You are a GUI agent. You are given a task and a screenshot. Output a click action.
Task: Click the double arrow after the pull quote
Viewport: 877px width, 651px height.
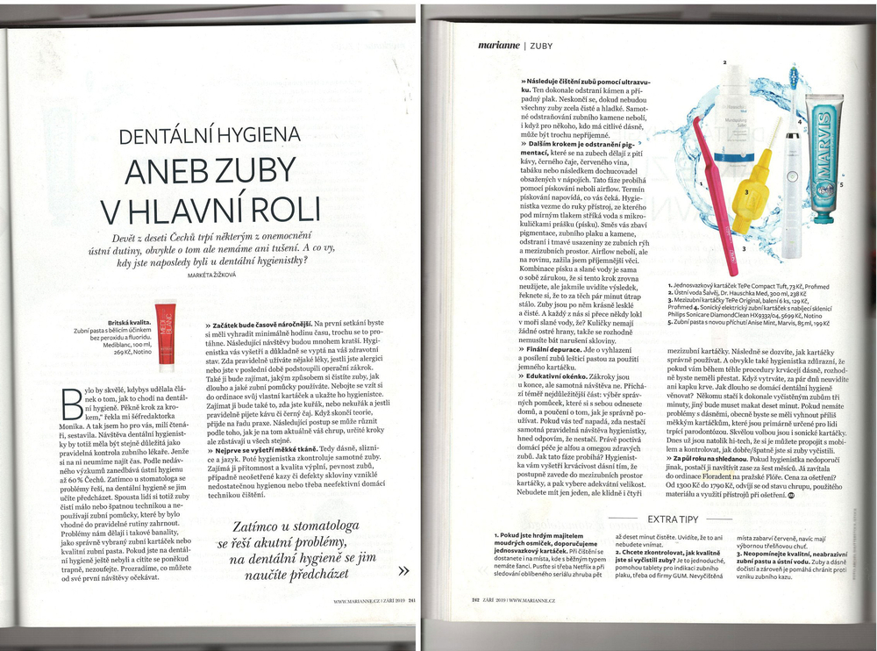click(403, 570)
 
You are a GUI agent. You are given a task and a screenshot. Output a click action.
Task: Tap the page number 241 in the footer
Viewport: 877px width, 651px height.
click(409, 601)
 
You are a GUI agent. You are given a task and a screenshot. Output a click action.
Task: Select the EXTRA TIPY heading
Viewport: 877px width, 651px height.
click(672, 519)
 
